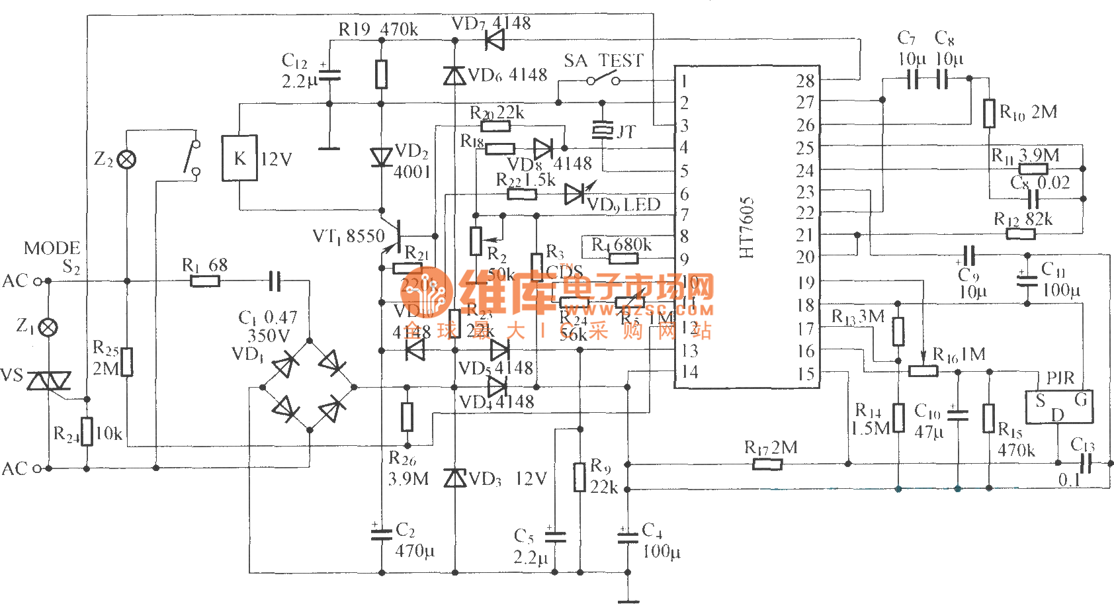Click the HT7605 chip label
pos(747,227)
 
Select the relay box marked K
pos(239,158)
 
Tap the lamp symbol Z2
pos(126,159)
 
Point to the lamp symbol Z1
pos(48,327)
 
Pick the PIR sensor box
pos(1058,406)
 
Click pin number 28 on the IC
pos(805,81)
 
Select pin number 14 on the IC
pos(689,372)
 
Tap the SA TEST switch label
pos(603,61)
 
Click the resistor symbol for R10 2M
pos(989,113)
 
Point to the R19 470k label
pos(378,29)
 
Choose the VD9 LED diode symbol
pos(576,194)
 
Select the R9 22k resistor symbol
pos(579,477)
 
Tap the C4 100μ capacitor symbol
pos(628,536)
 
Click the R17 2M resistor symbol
pos(767,464)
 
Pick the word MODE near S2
pos(52,248)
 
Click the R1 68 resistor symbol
pos(205,281)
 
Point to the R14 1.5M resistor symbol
pos(898,417)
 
